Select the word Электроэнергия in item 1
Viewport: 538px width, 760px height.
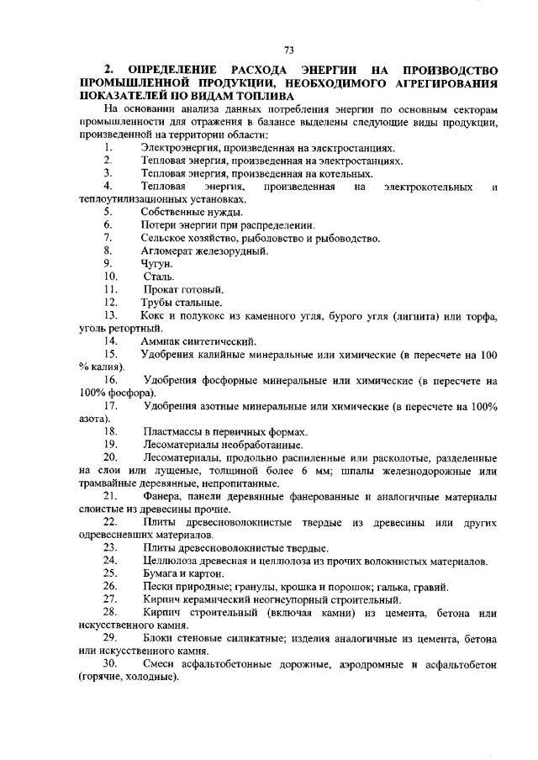tap(182, 147)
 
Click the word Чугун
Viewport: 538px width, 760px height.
tap(156, 263)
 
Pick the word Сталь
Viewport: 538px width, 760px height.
tap(159, 276)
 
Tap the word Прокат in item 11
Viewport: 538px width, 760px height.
tap(161, 289)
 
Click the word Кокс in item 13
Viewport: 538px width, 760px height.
tap(156, 315)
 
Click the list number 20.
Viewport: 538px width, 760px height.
tap(110, 457)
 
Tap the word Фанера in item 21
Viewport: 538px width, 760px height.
tap(161, 496)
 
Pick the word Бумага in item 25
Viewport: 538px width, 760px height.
tap(160, 573)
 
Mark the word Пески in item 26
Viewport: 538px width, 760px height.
tap(158, 586)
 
